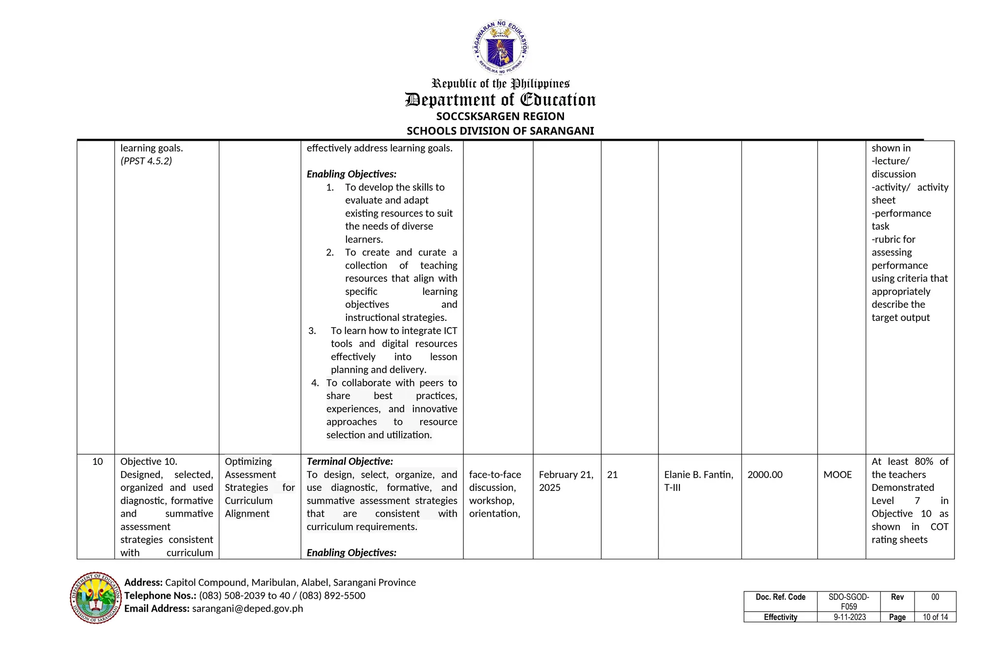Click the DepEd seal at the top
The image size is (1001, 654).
500,47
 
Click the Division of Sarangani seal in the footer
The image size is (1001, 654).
96,598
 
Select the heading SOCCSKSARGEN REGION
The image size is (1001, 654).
500,116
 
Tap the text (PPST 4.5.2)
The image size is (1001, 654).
146,161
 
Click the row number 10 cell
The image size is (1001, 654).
97,462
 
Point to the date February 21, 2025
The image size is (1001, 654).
566,481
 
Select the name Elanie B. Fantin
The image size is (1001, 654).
698,475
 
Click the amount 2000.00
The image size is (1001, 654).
764,475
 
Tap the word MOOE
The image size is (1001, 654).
837,475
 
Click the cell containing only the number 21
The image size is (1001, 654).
612,475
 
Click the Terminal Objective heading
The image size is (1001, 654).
349,462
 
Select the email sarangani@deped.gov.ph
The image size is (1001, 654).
247,609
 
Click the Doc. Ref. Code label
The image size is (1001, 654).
780,597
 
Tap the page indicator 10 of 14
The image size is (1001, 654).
935,617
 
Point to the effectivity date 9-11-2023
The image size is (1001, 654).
849,617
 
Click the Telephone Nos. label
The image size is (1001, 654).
160,595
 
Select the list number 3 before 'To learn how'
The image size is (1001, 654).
312,331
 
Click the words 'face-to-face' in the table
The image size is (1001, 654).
495,475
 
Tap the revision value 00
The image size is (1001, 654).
935,597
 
